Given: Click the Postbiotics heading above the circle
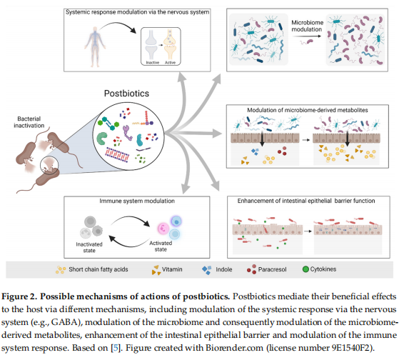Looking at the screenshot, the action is [x=126, y=94].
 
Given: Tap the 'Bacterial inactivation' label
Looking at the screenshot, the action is [x=29, y=122].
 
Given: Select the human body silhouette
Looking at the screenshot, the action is [x=95, y=46].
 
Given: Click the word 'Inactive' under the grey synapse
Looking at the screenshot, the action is [x=153, y=62].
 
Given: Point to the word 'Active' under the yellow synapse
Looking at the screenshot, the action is [x=170, y=62].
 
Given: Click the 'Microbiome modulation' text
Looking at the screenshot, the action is [x=307, y=26].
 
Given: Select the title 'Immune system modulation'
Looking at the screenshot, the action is [x=137, y=201].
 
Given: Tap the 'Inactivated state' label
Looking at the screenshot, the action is [x=89, y=247].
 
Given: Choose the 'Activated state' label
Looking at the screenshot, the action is [x=161, y=246].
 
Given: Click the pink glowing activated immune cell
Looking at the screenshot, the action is [x=163, y=229].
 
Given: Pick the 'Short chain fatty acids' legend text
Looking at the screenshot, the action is [x=99, y=269].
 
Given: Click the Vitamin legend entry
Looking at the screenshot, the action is [x=167, y=269].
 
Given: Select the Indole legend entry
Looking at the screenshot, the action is [x=217, y=269].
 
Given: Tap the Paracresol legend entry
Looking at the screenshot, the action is [x=266, y=269].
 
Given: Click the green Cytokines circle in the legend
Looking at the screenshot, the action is [x=305, y=269].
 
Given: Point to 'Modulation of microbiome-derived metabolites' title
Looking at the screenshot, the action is [x=308, y=110].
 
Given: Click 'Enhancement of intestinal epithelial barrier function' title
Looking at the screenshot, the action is [x=306, y=201].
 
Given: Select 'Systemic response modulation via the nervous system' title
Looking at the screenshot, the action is [x=137, y=12].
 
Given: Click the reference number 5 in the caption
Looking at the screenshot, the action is [x=116, y=348].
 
